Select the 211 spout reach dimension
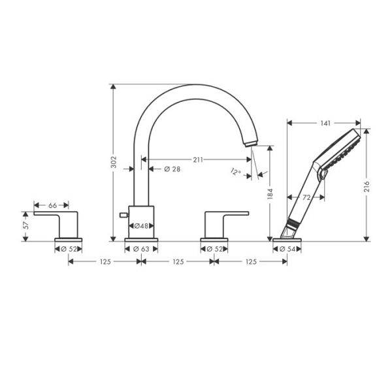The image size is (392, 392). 198,159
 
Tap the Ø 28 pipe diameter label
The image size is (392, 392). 171,169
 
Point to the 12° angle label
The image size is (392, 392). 236,172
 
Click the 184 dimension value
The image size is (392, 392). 269,194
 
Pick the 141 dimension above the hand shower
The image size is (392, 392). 325,122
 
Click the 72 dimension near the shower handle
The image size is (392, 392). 304,197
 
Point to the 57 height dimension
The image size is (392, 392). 25,226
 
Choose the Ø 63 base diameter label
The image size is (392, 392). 141,248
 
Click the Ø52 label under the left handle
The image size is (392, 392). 68,248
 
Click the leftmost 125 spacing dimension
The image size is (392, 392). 105,261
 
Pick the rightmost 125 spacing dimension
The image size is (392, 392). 250,261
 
